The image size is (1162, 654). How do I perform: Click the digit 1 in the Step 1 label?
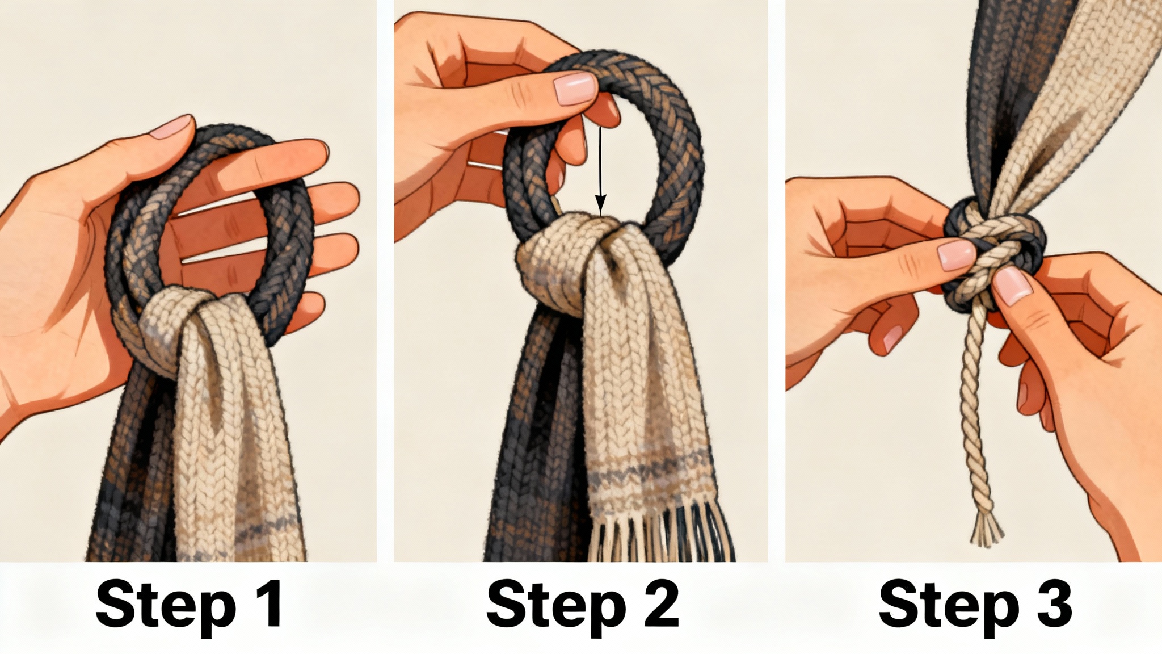pyautogui.click(x=266, y=606)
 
